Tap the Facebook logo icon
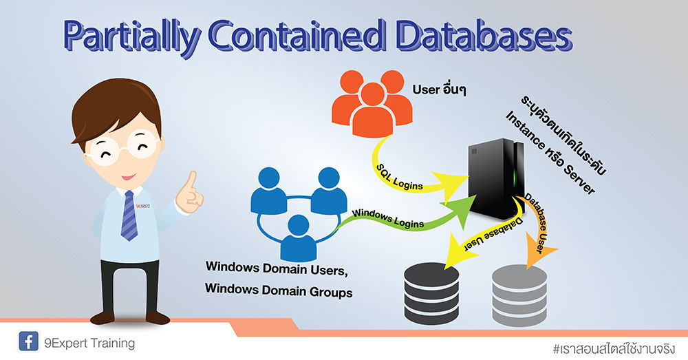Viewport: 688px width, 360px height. tap(28, 342)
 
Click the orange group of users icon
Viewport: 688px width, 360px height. tap(372, 103)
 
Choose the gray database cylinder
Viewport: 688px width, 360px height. tap(519, 292)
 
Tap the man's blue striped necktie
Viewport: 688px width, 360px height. tap(129, 213)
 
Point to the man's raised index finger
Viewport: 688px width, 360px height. tap(191, 182)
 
